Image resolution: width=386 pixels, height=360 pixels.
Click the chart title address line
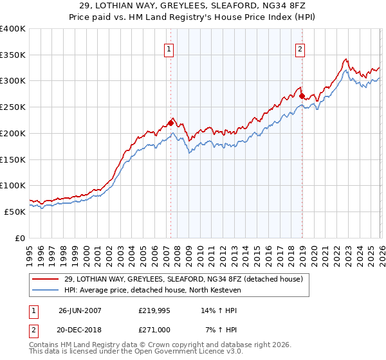tap(193, 6)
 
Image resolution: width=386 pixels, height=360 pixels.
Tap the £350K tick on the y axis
tap(13, 55)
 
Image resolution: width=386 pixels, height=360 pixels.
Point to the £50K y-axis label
tap(15, 212)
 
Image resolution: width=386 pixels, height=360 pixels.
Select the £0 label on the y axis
tap(21, 238)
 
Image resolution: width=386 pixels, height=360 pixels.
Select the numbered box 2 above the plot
tap(300, 48)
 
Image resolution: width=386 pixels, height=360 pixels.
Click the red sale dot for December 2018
tap(302, 96)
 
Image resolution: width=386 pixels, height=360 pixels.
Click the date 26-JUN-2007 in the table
tap(80, 309)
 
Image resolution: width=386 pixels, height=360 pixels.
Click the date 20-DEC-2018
tap(80, 330)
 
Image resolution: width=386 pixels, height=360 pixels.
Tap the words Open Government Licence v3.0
tap(192, 352)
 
